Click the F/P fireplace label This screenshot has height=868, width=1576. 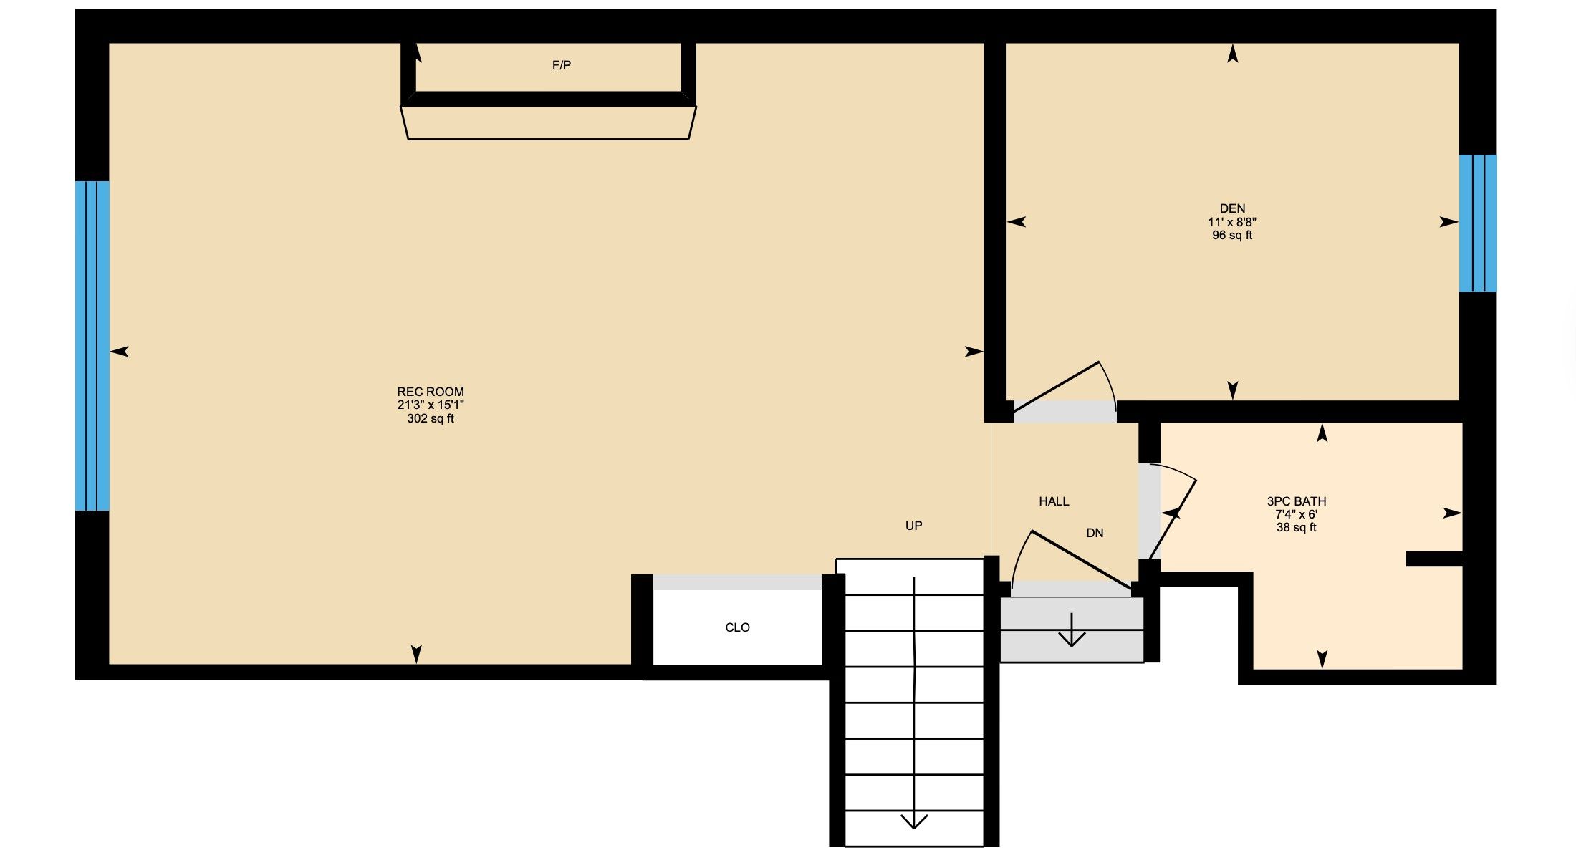pyautogui.click(x=562, y=65)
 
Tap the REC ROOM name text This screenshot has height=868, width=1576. pyautogui.click(x=431, y=392)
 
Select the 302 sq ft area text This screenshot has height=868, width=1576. pyautogui.click(x=431, y=418)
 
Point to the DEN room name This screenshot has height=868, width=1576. pyautogui.click(x=1232, y=208)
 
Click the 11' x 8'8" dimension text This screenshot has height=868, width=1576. pyautogui.click(x=1232, y=222)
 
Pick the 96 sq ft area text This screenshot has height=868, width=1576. pyautogui.click(x=1232, y=235)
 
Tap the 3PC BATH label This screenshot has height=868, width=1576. pyautogui.click(x=1297, y=501)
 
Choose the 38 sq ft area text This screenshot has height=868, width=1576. pyautogui.click(x=1297, y=527)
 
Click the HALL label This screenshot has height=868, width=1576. pyautogui.click(x=1054, y=501)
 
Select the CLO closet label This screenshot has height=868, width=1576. pyautogui.click(x=737, y=627)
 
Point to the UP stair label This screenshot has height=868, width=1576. pyautogui.click(x=913, y=526)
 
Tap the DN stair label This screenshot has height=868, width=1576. pyautogui.click(x=1095, y=533)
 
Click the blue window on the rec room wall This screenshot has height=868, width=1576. pyautogui.click(x=92, y=346)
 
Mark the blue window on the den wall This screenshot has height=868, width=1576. pyautogui.click(x=1478, y=223)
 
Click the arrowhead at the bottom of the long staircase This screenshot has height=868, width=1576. pyautogui.click(x=914, y=821)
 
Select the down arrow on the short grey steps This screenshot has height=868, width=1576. pyautogui.click(x=1072, y=630)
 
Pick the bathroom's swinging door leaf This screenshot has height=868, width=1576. pyautogui.click(x=1173, y=519)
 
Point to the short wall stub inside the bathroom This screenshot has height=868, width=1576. pyautogui.click(x=1433, y=559)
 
